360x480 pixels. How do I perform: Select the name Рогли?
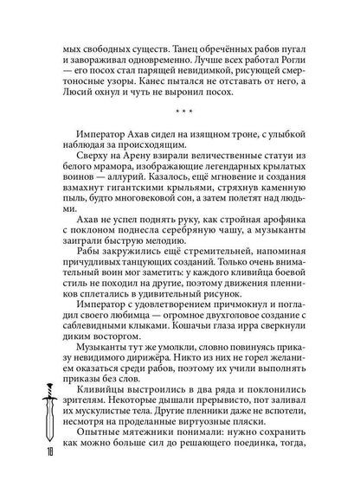tap(305, 74)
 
